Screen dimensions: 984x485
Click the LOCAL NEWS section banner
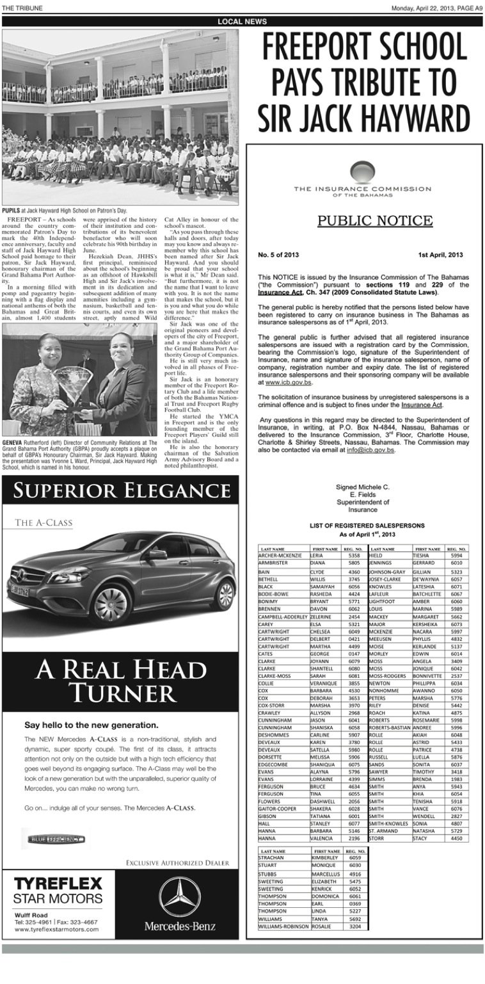(x=242, y=21)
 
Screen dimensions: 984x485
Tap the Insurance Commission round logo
(x=363, y=172)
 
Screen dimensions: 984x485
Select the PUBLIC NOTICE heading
(x=375, y=222)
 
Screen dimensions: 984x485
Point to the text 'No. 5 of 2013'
(x=279, y=255)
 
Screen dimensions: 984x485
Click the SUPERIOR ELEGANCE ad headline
(x=120, y=492)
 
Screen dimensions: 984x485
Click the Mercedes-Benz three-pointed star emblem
(x=180, y=896)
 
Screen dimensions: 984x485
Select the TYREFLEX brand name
(x=58, y=884)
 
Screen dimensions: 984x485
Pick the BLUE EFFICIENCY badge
(x=56, y=839)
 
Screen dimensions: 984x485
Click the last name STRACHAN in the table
(x=271, y=857)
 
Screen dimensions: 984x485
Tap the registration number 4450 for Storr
(x=456, y=837)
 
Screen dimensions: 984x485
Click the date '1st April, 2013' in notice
(x=440, y=255)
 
